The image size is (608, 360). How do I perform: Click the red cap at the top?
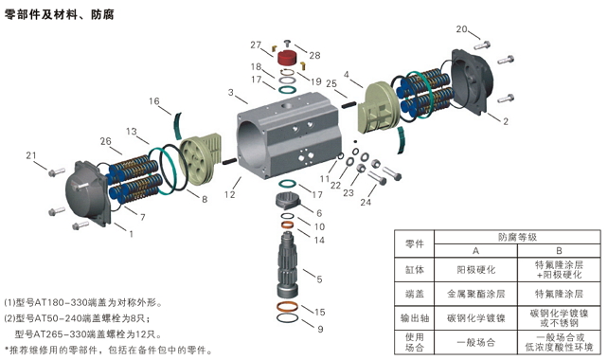click(287, 58)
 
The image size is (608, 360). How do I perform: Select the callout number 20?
click(461, 29)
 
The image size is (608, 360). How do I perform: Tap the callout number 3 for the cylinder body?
click(231, 92)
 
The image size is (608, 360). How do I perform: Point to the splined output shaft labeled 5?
click(287, 264)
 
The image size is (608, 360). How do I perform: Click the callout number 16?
click(154, 101)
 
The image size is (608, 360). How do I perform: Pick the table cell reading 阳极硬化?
click(475, 270)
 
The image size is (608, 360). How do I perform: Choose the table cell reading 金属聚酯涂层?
click(475, 294)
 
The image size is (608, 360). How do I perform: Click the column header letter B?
click(559, 251)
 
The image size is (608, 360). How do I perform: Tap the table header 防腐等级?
click(517, 237)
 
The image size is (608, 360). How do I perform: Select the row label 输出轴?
click(415, 318)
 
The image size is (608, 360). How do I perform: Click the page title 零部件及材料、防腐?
click(59, 15)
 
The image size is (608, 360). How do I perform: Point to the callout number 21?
click(31, 155)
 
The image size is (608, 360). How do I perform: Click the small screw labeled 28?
click(287, 42)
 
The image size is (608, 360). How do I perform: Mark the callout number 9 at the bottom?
click(320, 329)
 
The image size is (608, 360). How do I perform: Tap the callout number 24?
click(366, 202)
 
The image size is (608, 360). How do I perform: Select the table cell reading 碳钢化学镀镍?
click(475, 318)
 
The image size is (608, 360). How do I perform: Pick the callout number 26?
click(105, 141)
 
